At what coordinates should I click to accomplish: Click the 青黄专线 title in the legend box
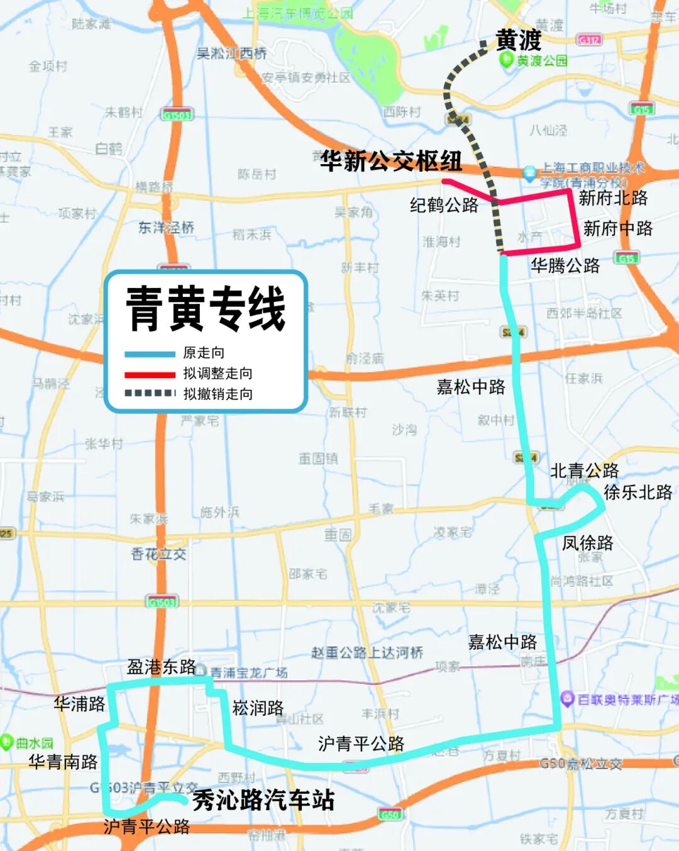click(x=206, y=309)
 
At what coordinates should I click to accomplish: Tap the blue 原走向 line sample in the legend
click(x=150, y=353)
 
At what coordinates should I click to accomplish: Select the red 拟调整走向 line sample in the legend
click(x=150, y=374)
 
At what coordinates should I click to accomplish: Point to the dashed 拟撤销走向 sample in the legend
click(x=150, y=394)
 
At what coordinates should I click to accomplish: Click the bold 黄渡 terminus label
click(x=519, y=40)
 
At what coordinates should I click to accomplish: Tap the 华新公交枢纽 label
click(x=391, y=161)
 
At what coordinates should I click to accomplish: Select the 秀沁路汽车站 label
click(x=263, y=800)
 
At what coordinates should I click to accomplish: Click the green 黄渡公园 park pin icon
click(x=505, y=60)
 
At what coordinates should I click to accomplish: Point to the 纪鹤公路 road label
click(x=444, y=205)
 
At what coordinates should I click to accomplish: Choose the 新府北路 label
click(x=613, y=198)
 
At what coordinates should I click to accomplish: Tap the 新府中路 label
click(x=618, y=228)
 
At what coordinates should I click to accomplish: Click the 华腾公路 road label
click(x=565, y=265)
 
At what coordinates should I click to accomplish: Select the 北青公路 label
click(x=585, y=470)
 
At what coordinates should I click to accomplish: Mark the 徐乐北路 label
click(x=638, y=492)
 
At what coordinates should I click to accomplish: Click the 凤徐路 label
click(x=588, y=542)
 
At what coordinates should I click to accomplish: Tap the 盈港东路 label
click(x=162, y=667)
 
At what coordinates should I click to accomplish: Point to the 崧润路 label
click(x=258, y=708)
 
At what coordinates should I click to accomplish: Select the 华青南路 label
click(x=63, y=762)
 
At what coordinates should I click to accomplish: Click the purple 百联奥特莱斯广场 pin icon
click(x=567, y=698)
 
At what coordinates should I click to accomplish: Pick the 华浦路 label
click(x=79, y=704)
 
